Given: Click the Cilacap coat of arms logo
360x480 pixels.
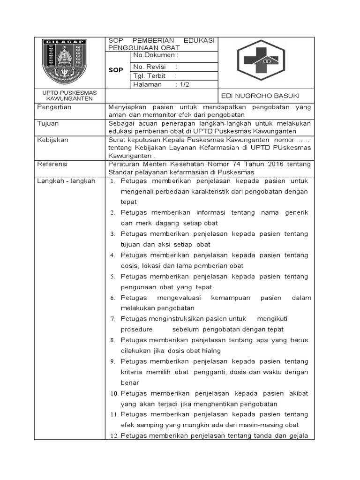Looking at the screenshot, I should [64, 61].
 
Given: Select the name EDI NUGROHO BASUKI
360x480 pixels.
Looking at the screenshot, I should [260, 96].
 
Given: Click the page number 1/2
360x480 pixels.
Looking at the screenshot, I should [184, 84].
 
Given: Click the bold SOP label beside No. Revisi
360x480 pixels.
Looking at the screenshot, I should [116, 70].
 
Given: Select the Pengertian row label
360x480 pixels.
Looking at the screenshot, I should [54, 107].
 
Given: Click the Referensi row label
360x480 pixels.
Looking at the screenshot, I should [52, 164].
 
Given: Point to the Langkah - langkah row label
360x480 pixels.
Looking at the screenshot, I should [66, 180].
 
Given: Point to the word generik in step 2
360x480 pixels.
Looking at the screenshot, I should [297, 212].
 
